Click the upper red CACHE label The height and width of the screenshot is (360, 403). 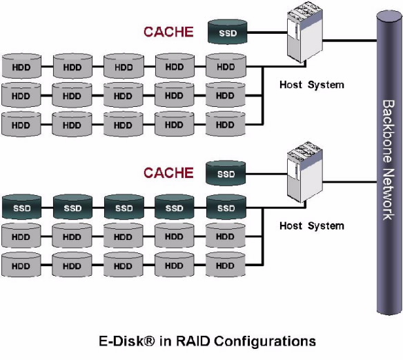(x=168, y=32)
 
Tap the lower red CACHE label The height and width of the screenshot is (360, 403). (x=168, y=172)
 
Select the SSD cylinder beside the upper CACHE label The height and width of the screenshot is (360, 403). (x=228, y=32)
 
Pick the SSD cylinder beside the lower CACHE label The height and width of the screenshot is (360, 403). (x=226, y=173)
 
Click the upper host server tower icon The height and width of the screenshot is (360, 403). (x=304, y=32)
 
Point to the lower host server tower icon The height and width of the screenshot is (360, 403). (x=304, y=172)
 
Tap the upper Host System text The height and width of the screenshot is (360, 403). (x=312, y=85)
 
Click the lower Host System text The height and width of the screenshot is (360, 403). (x=312, y=226)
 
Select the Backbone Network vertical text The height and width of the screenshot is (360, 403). (x=389, y=160)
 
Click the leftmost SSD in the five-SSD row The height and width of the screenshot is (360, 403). (x=21, y=207)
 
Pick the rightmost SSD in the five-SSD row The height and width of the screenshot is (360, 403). (x=226, y=207)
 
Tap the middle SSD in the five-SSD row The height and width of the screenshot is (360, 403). (x=124, y=207)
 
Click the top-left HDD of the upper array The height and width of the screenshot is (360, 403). (x=21, y=66)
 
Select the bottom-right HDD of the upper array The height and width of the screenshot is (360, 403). (x=226, y=124)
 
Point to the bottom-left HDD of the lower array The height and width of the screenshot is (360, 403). (x=21, y=265)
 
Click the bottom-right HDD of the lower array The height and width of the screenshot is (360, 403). (x=226, y=265)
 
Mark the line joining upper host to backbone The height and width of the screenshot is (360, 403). (x=350, y=41)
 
